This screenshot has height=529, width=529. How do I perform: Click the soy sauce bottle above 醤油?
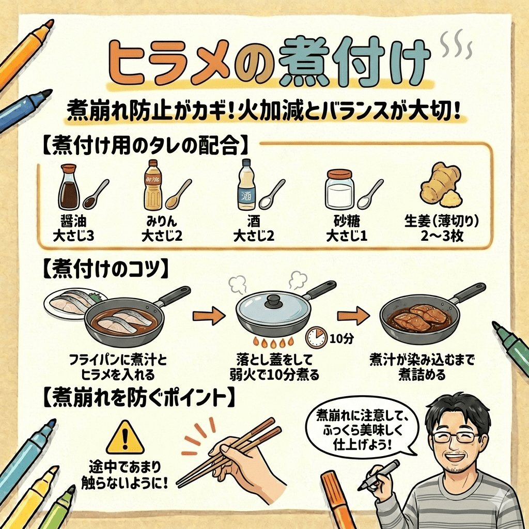69,187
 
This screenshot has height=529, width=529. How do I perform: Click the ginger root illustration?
441,185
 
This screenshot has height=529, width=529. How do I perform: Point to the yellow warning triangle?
125,438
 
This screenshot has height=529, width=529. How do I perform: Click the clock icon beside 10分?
317,337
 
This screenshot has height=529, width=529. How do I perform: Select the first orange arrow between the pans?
209,316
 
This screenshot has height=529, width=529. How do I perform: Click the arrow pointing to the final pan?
353,316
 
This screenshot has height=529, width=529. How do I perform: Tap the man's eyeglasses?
456,437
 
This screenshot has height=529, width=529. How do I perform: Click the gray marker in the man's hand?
378,475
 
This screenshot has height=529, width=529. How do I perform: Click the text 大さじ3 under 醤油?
73,236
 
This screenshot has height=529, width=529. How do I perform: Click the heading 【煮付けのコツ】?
106,269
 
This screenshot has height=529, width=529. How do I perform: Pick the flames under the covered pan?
274,343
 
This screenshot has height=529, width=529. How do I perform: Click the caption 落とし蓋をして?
274,360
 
